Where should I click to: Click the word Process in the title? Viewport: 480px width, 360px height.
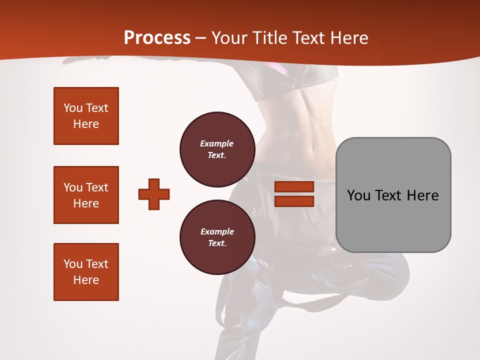click(x=157, y=38)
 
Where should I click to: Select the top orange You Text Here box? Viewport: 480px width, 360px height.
click(x=86, y=116)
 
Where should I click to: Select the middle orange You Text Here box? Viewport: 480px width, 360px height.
click(x=86, y=195)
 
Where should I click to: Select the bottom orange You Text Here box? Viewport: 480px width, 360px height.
click(x=86, y=272)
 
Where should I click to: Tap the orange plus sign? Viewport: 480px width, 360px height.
click(x=154, y=194)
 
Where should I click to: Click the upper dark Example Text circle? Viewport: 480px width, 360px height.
click(x=217, y=149)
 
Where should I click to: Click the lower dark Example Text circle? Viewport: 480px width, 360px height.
click(x=217, y=237)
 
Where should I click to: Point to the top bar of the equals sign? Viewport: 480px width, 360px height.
click(x=294, y=187)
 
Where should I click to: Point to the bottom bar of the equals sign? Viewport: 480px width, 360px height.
click(x=294, y=201)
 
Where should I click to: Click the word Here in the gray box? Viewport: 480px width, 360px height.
click(x=422, y=195)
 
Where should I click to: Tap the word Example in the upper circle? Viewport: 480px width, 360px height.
click(x=217, y=143)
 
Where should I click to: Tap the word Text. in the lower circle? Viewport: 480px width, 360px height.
click(x=217, y=243)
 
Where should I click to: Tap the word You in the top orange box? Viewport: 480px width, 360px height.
click(x=72, y=108)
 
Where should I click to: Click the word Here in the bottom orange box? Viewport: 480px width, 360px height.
click(x=86, y=280)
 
